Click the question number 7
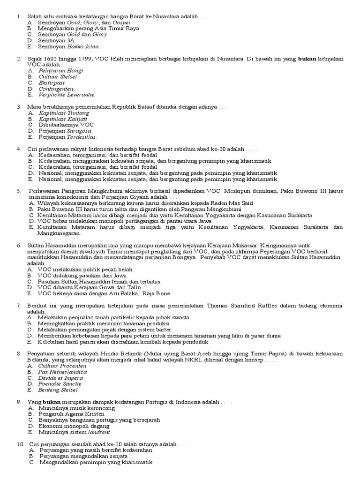19,306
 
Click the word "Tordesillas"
82,137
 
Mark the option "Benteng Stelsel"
59,390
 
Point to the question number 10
20,444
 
